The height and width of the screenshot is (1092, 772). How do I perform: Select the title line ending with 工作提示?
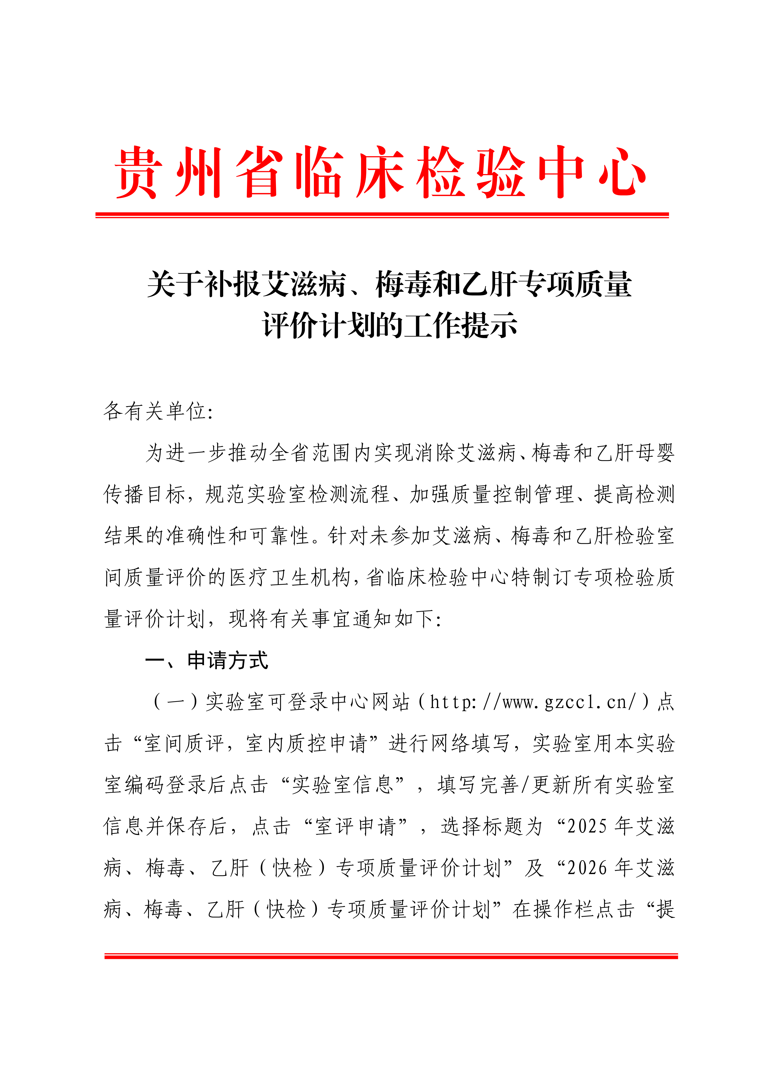pos(390,326)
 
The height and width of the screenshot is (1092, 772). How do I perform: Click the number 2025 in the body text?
pos(587,827)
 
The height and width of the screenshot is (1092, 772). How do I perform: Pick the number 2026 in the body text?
pos(587,868)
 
